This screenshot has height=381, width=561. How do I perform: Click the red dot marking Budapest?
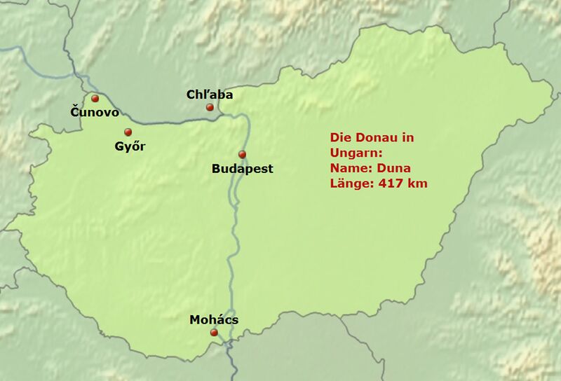coord(242,154)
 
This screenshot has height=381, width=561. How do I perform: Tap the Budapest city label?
coord(242,169)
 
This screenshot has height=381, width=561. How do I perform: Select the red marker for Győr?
coord(128,132)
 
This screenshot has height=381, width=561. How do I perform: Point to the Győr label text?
coord(130,147)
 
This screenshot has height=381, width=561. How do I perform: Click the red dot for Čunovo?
coord(95,99)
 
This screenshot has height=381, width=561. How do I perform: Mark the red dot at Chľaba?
coord(210,107)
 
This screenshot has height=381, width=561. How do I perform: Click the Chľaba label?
coord(210,94)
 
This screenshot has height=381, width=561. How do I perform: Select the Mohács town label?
coord(214,320)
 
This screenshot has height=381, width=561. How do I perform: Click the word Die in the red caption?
coord(341,138)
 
